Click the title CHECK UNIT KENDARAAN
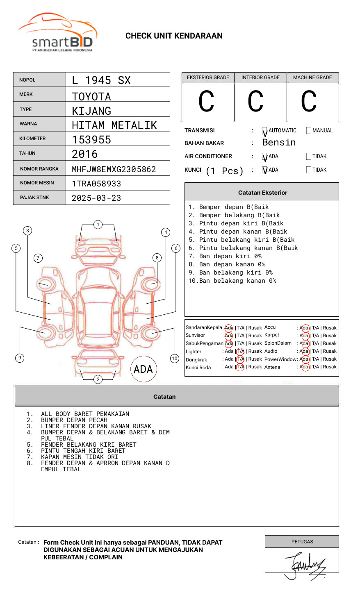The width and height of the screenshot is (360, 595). pyautogui.click(x=174, y=36)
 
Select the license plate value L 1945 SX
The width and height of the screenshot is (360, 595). pyautogui.click(x=101, y=80)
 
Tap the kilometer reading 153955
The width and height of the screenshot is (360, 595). pyautogui.click(x=91, y=140)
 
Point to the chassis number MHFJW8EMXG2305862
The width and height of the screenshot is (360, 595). pyautogui.click(x=114, y=169)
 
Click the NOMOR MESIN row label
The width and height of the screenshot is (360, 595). pyautogui.click(x=37, y=183)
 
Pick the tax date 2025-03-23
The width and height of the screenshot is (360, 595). pyautogui.click(x=96, y=198)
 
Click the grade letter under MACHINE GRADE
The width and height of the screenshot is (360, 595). pyautogui.click(x=309, y=102)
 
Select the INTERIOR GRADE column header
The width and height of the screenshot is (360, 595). pyautogui.click(x=260, y=77)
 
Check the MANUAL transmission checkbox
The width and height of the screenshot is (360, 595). pyautogui.click(x=309, y=131)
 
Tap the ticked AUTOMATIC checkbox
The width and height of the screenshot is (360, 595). pyautogui.click(x=265, y=131)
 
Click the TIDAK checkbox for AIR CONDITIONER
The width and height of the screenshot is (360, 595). pyautogui.click(x=309, y=157)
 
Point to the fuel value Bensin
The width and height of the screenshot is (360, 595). pyautogui.click(x=279, y=143)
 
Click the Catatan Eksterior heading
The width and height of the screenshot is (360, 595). pyautogui.click(x=262, y=193)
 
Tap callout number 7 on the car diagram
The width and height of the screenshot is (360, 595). pyautogui.click(x=38, y=258)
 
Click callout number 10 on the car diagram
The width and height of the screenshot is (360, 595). pyautogui.click(x=175, y=359)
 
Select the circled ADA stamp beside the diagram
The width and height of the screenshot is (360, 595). pyautogui.click(x=144, y=369)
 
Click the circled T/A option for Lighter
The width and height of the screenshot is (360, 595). pyautogui.click(x=240, y=351)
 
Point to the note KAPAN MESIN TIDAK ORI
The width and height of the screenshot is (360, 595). pyautogui.click(x=80, y=457)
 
